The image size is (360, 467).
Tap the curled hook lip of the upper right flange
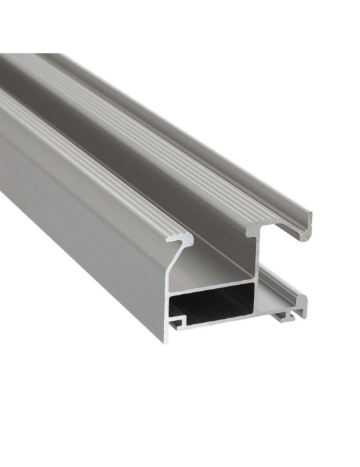[308, 219]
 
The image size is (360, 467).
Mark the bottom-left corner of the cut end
[163, 341]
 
